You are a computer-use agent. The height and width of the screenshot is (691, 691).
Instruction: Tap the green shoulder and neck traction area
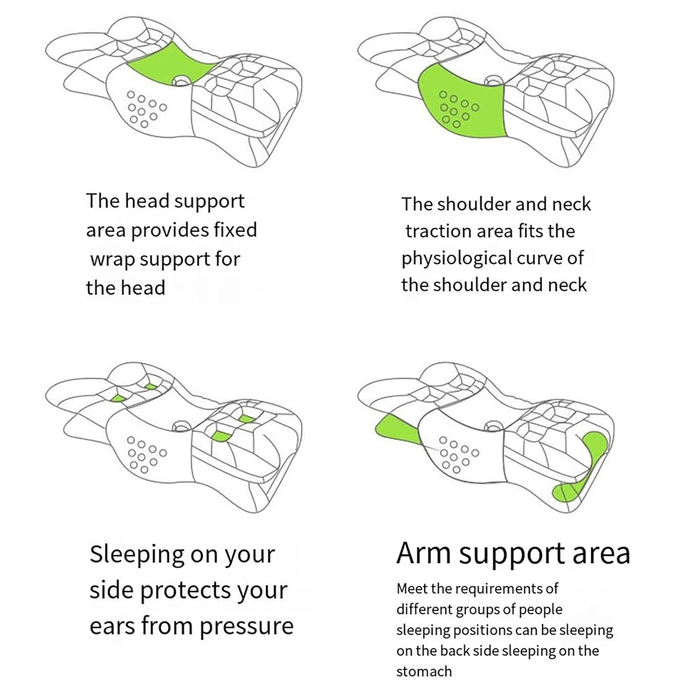click(x=461, y=104)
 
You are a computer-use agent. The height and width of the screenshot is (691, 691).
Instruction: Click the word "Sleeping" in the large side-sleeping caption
click(x=136, y=555)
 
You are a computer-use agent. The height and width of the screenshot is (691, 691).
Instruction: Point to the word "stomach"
click(x=424, y=671)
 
